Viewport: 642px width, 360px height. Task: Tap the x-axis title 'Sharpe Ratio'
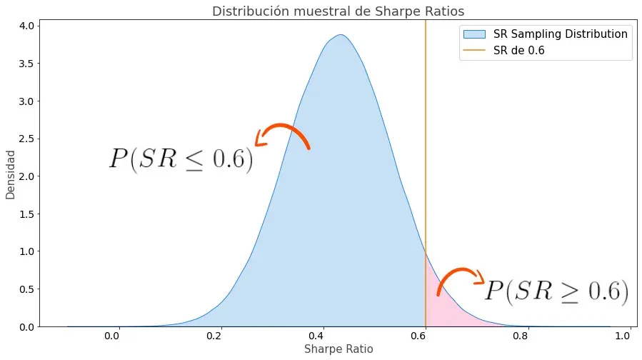(338, 349)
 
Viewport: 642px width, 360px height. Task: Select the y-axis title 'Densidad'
(10, 174)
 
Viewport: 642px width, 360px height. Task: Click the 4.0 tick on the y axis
(25, 26)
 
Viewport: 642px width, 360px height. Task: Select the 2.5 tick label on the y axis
(25, 139)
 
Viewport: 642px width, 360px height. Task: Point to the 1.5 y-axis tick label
(25, 214)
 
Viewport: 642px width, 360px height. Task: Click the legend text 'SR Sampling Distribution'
(561, 34)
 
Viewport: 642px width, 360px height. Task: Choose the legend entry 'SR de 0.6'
(519, 51)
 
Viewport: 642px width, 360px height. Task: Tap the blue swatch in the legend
(474, 34)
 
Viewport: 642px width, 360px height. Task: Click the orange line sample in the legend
(474, 51)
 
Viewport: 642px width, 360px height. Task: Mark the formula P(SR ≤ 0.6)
(181, 159)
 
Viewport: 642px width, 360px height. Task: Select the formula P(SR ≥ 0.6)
(556, 291)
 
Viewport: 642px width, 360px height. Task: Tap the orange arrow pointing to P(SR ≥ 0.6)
(460, 278)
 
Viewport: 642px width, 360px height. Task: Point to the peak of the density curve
(340, 35)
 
